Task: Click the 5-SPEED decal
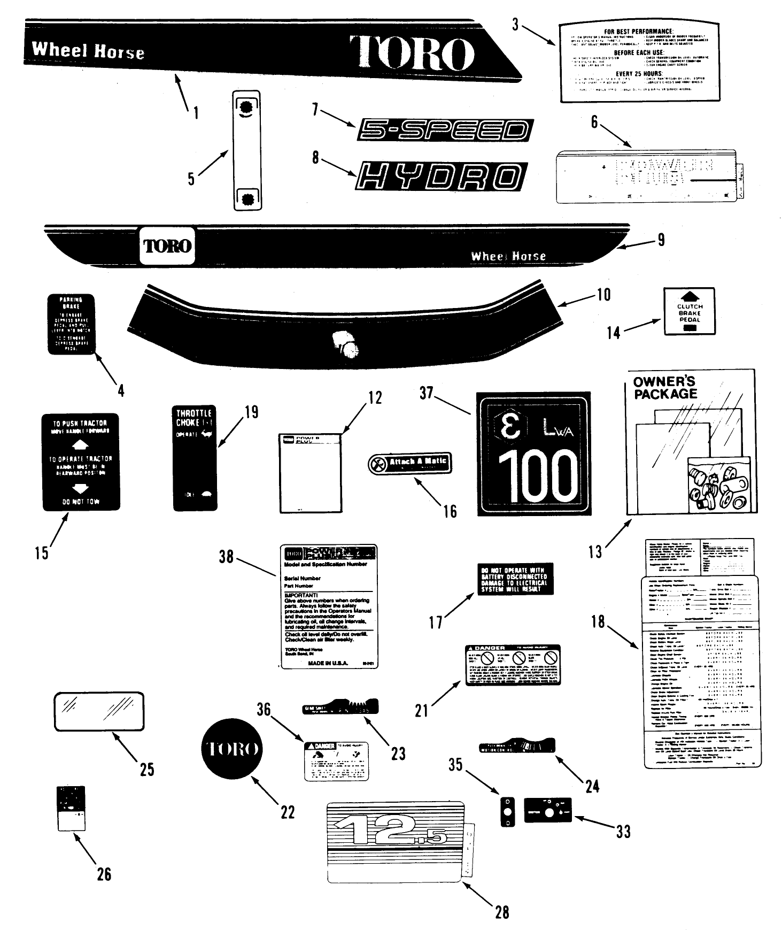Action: click(x=445, y=130)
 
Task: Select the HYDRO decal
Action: click(x=442, y=176)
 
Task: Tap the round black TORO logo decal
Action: click(x=231, y=749)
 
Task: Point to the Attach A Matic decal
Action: click(x=410, y=463)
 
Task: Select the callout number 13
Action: click(x=595, y=551)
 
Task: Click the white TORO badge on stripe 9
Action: click(x=167, y=246)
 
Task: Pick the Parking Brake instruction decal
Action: click(x=71, y=324)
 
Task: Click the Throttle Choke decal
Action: click(x=195, y=458)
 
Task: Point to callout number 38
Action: click(x=226, y=557)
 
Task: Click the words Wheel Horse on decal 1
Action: click(x=88, y=51)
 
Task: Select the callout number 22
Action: click(x=287, y=812)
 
